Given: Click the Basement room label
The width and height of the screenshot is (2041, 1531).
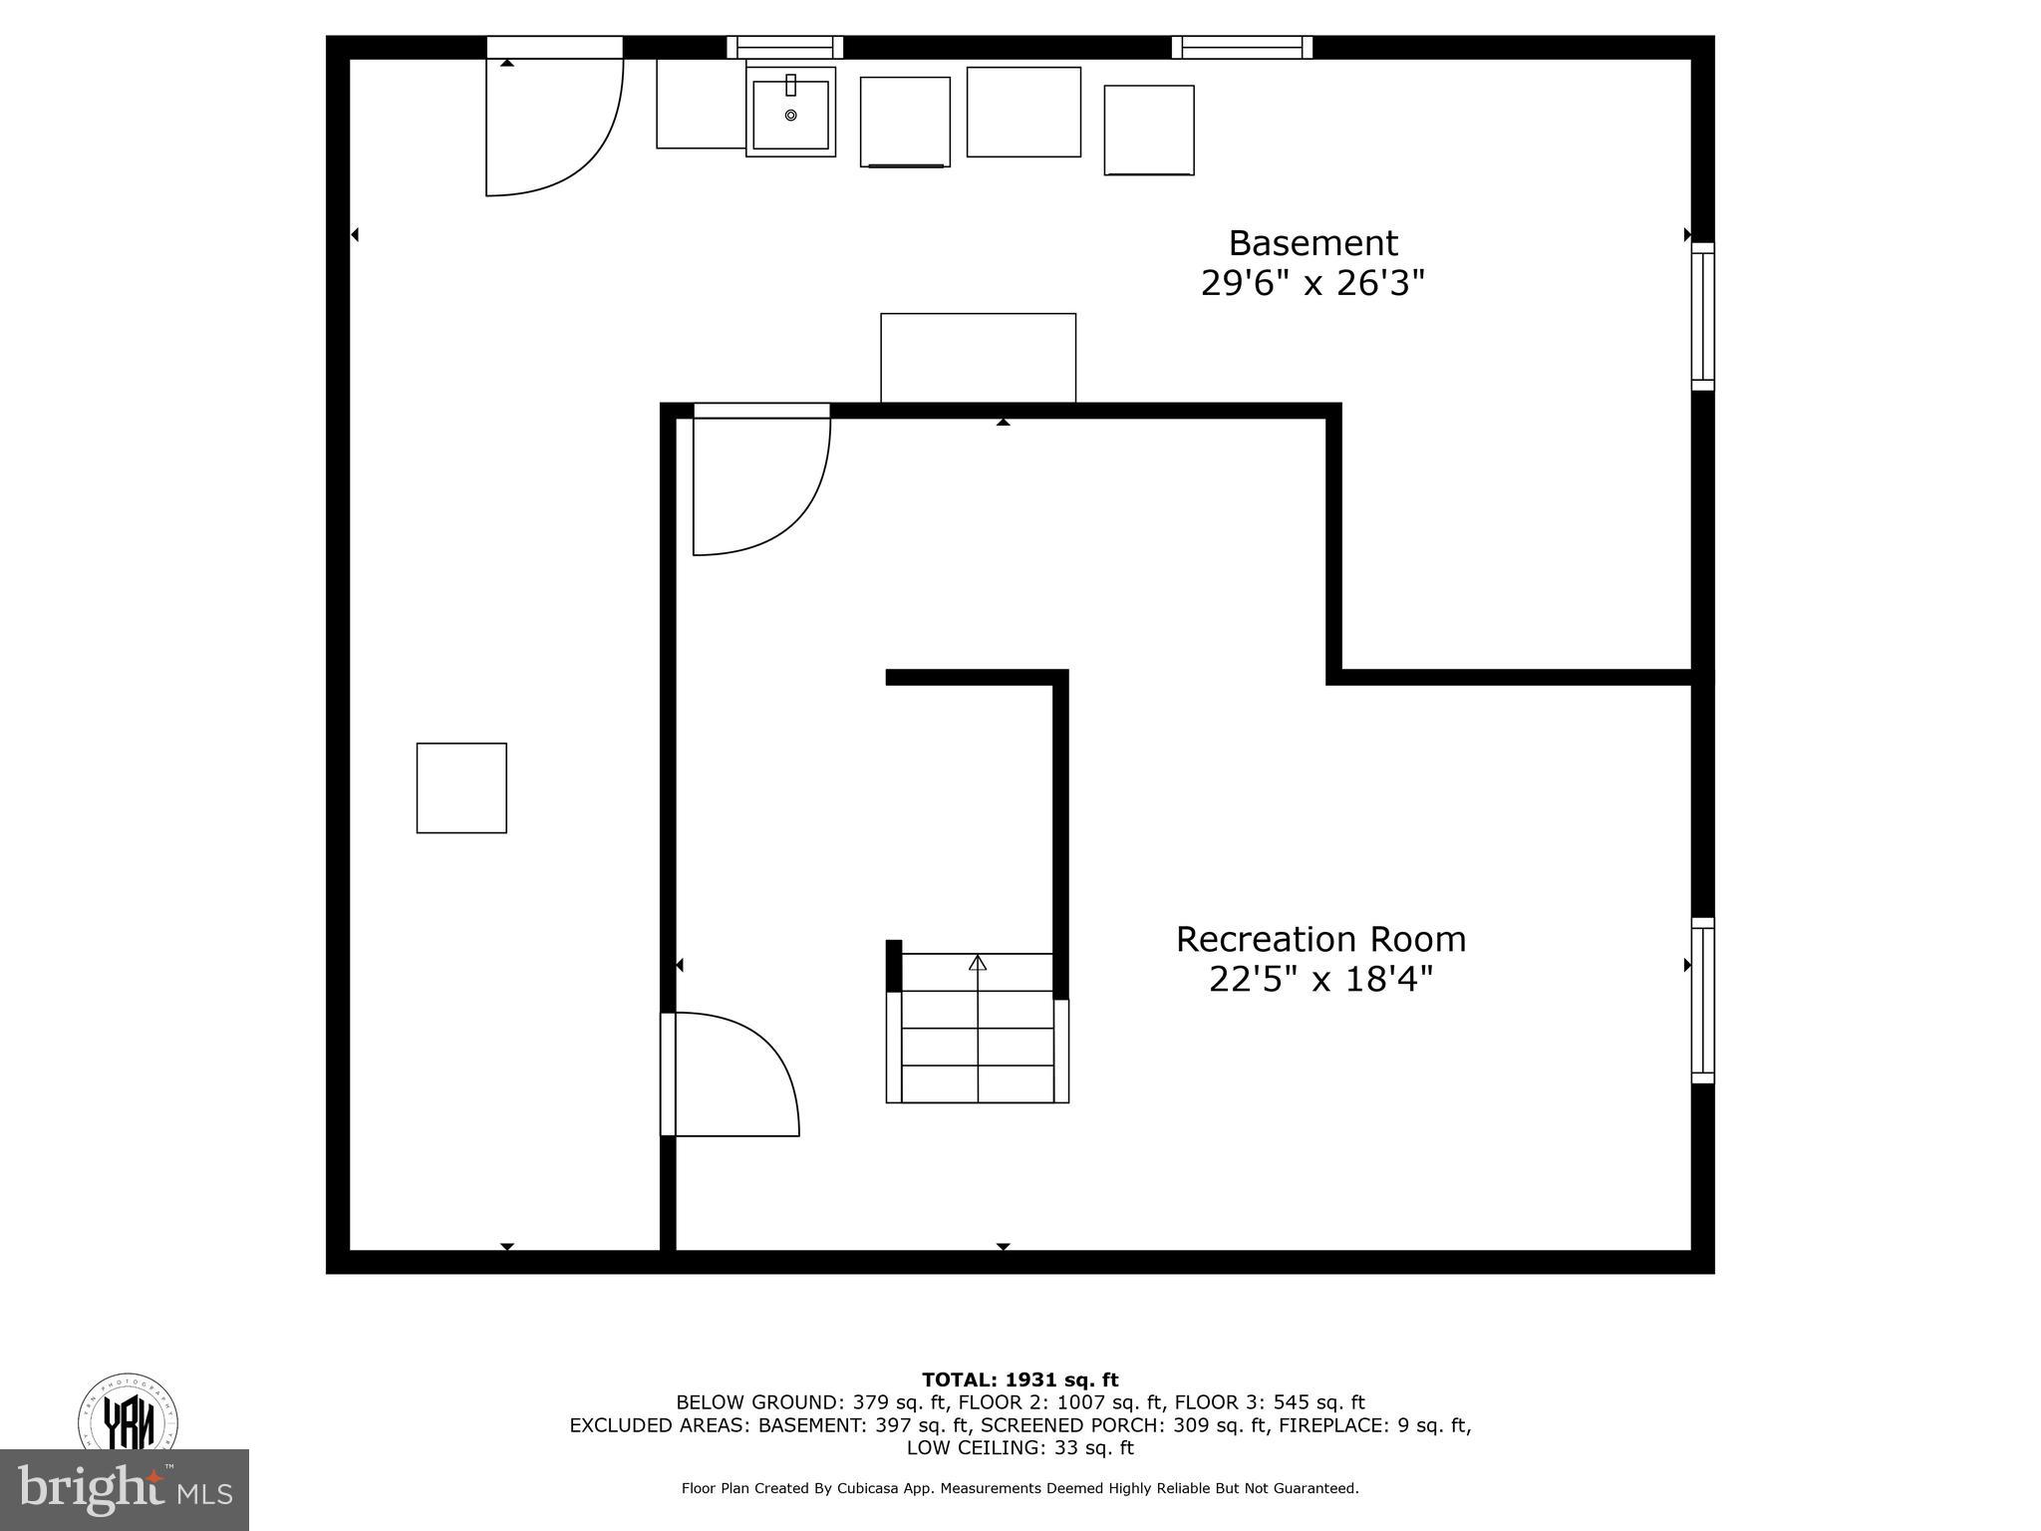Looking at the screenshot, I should coord(1312,243).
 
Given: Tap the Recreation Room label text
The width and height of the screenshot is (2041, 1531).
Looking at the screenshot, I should coord(1320,939).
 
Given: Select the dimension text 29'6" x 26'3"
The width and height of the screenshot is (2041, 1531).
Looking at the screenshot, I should coord(1312,284).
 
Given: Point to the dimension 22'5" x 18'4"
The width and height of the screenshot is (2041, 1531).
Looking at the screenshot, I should coord(1320,980).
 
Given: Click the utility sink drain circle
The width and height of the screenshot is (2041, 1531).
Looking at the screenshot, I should coord(791,116).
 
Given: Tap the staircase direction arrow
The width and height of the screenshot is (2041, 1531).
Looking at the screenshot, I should coord(978,963).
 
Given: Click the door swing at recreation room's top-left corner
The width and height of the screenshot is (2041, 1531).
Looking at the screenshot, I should coord(760,483).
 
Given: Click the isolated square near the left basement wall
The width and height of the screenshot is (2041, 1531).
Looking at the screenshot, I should coord(461,787).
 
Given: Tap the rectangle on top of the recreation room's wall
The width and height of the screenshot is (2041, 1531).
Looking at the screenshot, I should coord(978,358).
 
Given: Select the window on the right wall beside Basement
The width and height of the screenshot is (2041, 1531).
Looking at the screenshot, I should coord(1702,316).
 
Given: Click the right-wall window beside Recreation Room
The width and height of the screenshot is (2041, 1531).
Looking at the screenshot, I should coord(1702,1000).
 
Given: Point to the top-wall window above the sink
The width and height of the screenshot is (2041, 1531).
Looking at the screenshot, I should coord(784,47).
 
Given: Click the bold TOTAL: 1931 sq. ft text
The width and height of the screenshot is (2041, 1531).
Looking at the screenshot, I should coord(1020,1379).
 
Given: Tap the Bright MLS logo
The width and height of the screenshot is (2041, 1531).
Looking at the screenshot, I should coord(125,1490).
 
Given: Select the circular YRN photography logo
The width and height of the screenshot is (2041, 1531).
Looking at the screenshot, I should coord(128,1413).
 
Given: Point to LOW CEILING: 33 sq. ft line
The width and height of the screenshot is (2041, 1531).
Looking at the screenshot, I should coord(1020,1447).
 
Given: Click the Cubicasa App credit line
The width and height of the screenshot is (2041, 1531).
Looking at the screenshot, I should coord(1020,1488).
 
